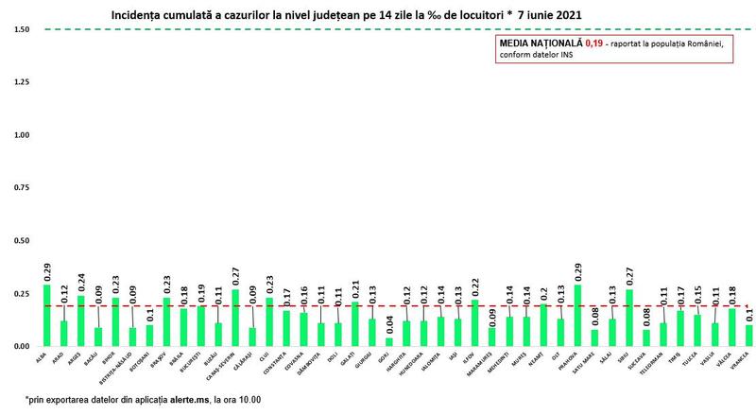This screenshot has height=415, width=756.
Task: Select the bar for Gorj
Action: (x=388, y=342)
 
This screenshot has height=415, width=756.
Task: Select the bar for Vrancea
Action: (x=748, y=337)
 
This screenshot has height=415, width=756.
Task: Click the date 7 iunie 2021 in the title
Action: (x=542, y=16)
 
